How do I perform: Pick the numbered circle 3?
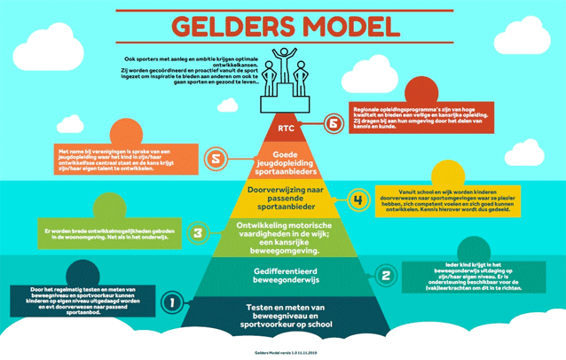[x=198, y=233]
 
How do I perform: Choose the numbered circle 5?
[x=214, y=160]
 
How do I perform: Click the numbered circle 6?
[x=334, y=124]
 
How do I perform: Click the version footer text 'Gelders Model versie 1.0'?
[x=283, y=351]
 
